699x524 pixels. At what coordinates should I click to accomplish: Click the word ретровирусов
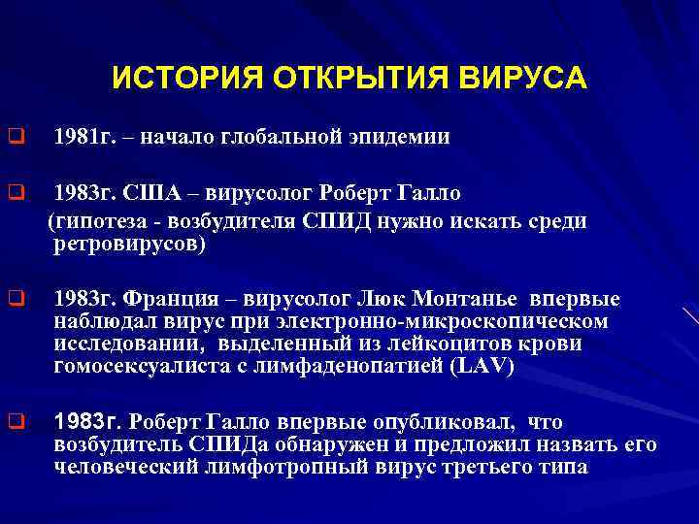click(x=125, y=246)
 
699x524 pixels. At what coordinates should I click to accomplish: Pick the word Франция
click(x=193, y=298)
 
